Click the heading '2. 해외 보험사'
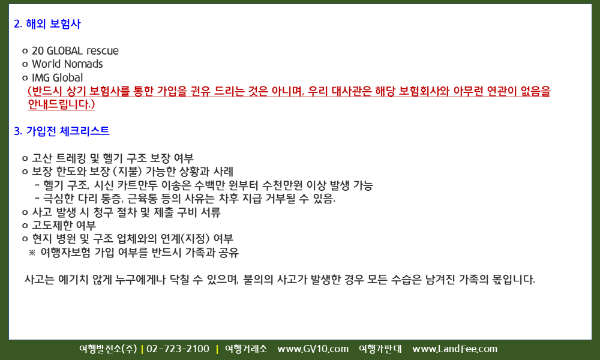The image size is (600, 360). point(47,24)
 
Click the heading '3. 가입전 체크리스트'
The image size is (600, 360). point(62,131)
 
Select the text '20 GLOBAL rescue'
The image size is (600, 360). point(75,50)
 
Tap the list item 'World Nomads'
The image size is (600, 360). point(67,64)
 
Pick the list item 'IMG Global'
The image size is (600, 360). point(58,77)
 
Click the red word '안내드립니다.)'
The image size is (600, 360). point(61,104)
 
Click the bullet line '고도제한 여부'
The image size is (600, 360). point(64,226)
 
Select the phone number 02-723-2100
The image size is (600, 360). point(178,349)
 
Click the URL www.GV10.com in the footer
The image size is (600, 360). point(313,349)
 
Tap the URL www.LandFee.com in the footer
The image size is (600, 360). point(455,349)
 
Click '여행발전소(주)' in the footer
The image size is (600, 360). point(108,349)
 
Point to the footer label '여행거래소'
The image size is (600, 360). point(246,349)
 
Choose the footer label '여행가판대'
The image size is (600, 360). point(380,349)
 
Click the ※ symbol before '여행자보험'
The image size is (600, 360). point(32,253)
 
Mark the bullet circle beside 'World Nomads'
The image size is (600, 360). point(25,65)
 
